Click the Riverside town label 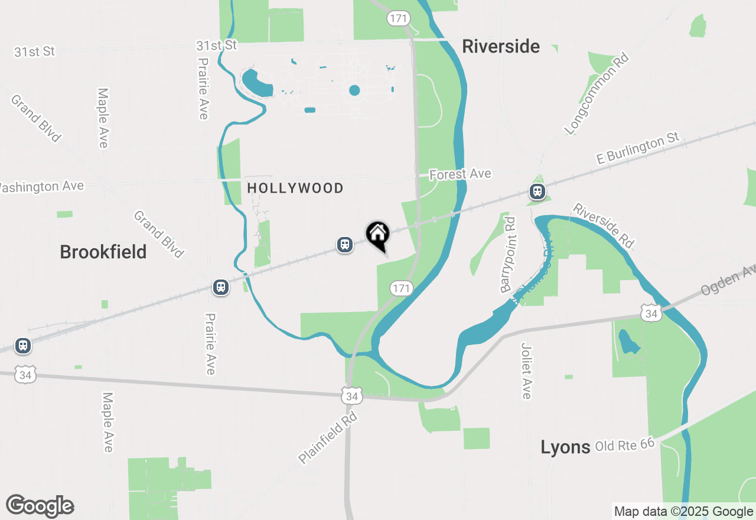tap(500, 47)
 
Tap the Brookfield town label tap(103, 252)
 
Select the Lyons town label tap(565, 447)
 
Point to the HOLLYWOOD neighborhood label tap(295, 188)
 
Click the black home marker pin tap(378, 235)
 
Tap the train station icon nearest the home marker tap(345, 244)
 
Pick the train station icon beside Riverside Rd tap(537, 191)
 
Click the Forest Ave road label tap(460, 174)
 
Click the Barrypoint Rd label tap(508, 255)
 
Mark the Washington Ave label tap(41, 187)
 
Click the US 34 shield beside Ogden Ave tap(651, 313)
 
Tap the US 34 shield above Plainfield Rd tap(352, 396)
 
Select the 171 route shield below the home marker tap(400, 288)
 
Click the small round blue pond tap(354, 90)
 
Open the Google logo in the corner tap(40, 506)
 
